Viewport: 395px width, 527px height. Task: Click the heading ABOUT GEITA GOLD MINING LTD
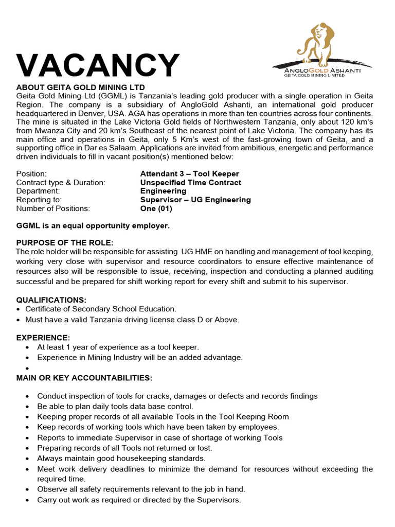tap(81, 87)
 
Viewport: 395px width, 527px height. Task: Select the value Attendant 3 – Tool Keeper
tap(189, 174)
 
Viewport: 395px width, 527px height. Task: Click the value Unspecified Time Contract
tap(190, 183)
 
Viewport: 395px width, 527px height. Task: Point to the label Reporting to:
tap(39, 200)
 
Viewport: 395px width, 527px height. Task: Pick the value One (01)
tap(156, 208)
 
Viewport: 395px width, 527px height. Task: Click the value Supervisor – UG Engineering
tap(195, 200)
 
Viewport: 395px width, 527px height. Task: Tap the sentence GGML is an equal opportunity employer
tap(93, 225)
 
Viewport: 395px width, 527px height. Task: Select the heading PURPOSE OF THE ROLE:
tap(65, 242)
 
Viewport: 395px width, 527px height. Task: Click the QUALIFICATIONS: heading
tap(51, 300)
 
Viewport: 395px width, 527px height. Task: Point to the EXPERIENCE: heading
tap(43, 338)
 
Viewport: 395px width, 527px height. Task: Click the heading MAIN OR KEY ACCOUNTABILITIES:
tap(84, 378)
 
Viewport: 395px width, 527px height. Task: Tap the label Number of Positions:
tap(53, 208)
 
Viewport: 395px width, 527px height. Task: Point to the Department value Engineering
tap(164, 191)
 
